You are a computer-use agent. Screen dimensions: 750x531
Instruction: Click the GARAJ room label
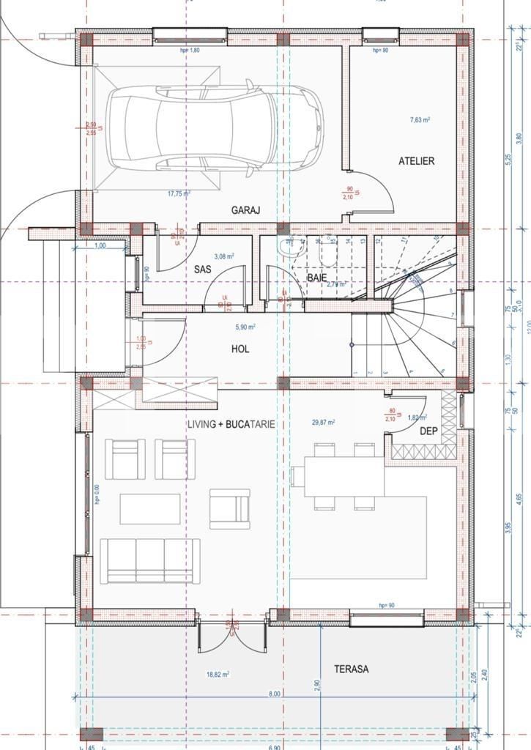[x=246, y=210]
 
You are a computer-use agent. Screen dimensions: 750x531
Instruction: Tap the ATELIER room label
[x=416, y=161]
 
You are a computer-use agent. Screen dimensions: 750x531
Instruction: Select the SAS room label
[x=203, y=270]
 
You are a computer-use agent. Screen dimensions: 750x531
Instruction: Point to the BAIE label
[x=316, y=278]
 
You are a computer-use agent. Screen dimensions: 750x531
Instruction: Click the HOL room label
[x=240, y=349]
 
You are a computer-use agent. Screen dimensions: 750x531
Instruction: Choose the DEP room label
[x=428, y=431]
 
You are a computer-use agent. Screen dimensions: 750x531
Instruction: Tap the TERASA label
[x=352, y=669]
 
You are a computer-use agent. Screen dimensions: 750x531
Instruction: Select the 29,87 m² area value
[x=323, y=423]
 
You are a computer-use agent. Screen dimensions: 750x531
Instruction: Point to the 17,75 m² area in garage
[x=179, y=194]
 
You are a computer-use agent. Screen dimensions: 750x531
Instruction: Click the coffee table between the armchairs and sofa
[x=150, y=508]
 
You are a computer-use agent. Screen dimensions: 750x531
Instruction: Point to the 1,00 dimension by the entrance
[x=100, y=246]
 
